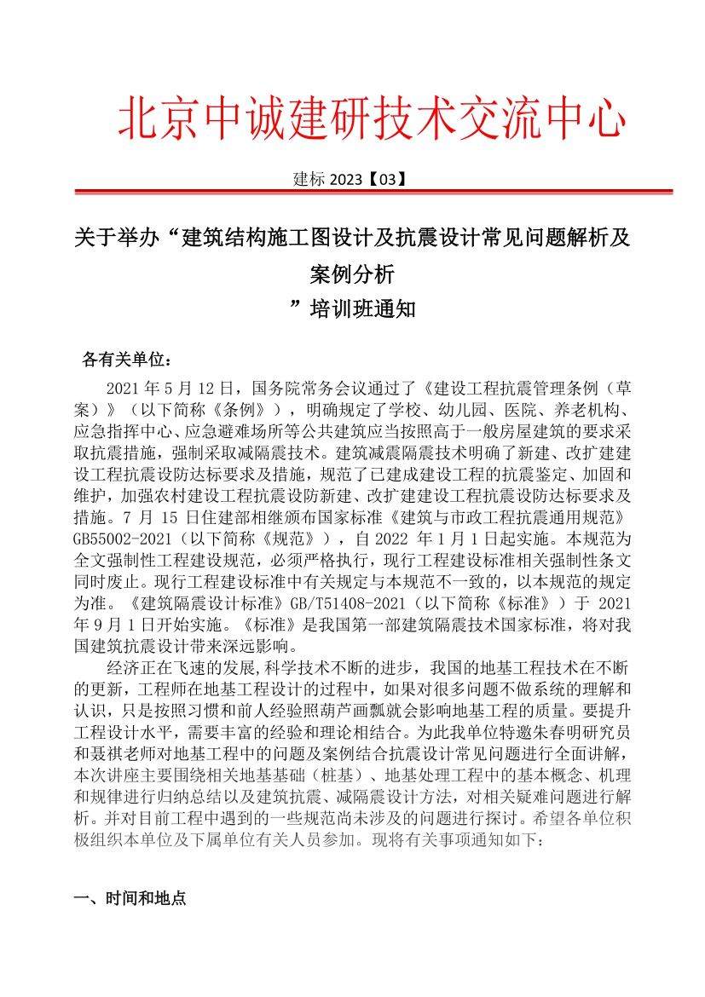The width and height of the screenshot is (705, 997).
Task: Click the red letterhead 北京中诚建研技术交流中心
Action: pos(372,118)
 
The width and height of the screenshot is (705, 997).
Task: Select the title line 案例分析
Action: pos(352,274)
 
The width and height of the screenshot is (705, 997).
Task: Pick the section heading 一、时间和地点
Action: pos(130,899)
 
